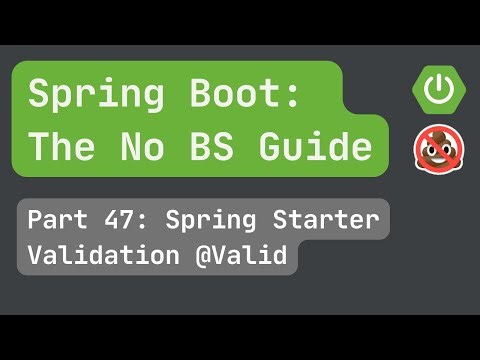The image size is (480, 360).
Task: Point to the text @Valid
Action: pyautogui.click(x=244, y=256)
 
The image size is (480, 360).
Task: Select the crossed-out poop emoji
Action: pyautogui.click(x=435, y=149)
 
